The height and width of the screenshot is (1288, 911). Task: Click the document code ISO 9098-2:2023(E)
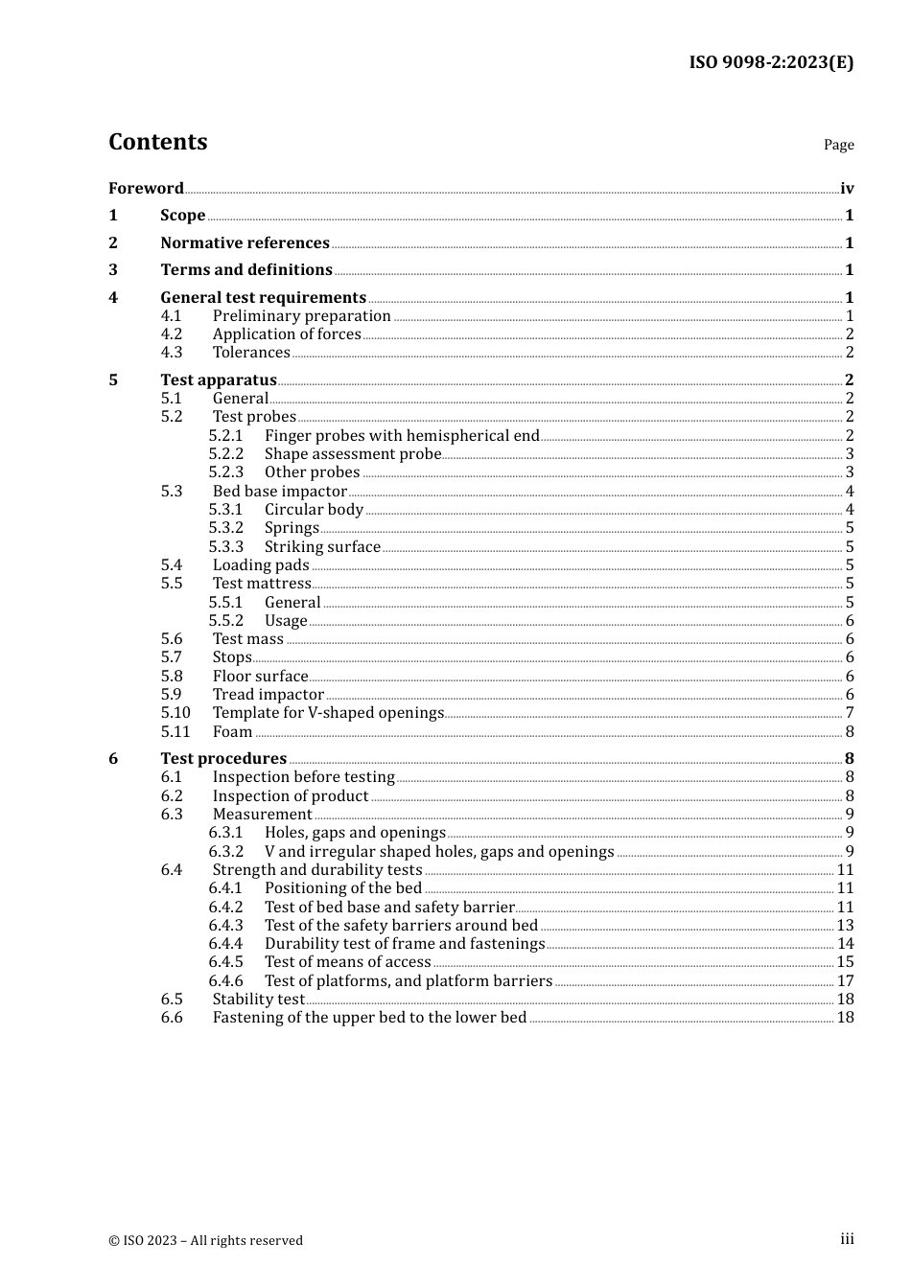pyautogui.click(x=771, y=62)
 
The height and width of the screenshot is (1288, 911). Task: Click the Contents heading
pyautogui.click(x=158, y=142)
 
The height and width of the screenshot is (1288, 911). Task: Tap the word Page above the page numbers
pyautogui.click(x=838, y=145)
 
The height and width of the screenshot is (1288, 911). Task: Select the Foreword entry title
pyautogui.click(x=146, y=189)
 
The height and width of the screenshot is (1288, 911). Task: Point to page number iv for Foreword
pyautogui.click(x=847, y=189)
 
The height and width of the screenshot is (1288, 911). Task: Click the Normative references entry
pyautogui.click(x=245, y=243)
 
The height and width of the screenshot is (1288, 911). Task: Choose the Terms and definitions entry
pyautogui.click(x=246, y=270)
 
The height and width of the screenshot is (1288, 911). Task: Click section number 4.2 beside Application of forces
pyautogui.click(x=172, y=334)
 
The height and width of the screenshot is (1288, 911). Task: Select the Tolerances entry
pyautogui.click(x=251, y=353)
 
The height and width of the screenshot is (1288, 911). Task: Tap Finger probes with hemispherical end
pyautogui.click(x=402, y=436)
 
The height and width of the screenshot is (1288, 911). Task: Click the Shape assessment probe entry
pyautogui.click(x=353, y=454)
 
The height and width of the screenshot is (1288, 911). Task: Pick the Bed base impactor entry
pyautogui.click(x=280, y=492)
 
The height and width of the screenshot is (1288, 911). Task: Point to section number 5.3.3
pyautogui.click(x=226, y=547)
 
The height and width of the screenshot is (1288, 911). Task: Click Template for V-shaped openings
pyautogui.click(x=328, y=713)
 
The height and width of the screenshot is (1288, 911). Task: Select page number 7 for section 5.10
pyautogui.click(x=850, y=713)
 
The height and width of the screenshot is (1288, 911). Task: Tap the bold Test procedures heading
pyautogui.click(x=223, y=759)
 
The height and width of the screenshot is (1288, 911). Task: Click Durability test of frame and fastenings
pyautogui.click(x=405, y=944)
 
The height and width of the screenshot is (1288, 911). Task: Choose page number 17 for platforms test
pyautogui.click(x=845, y=981)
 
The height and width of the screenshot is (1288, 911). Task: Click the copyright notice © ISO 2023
pyautogui.click(x=205, y=1240)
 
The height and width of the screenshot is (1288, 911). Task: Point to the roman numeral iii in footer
pyautogui.click(x=847, y=1239)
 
